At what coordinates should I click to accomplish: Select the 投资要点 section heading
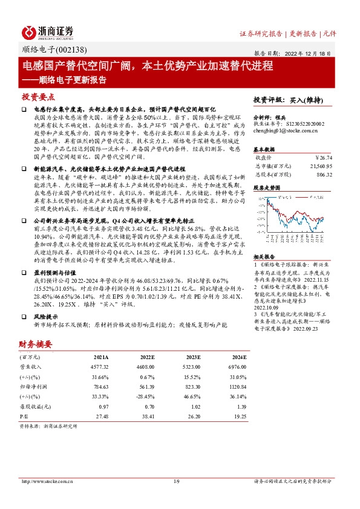38,97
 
